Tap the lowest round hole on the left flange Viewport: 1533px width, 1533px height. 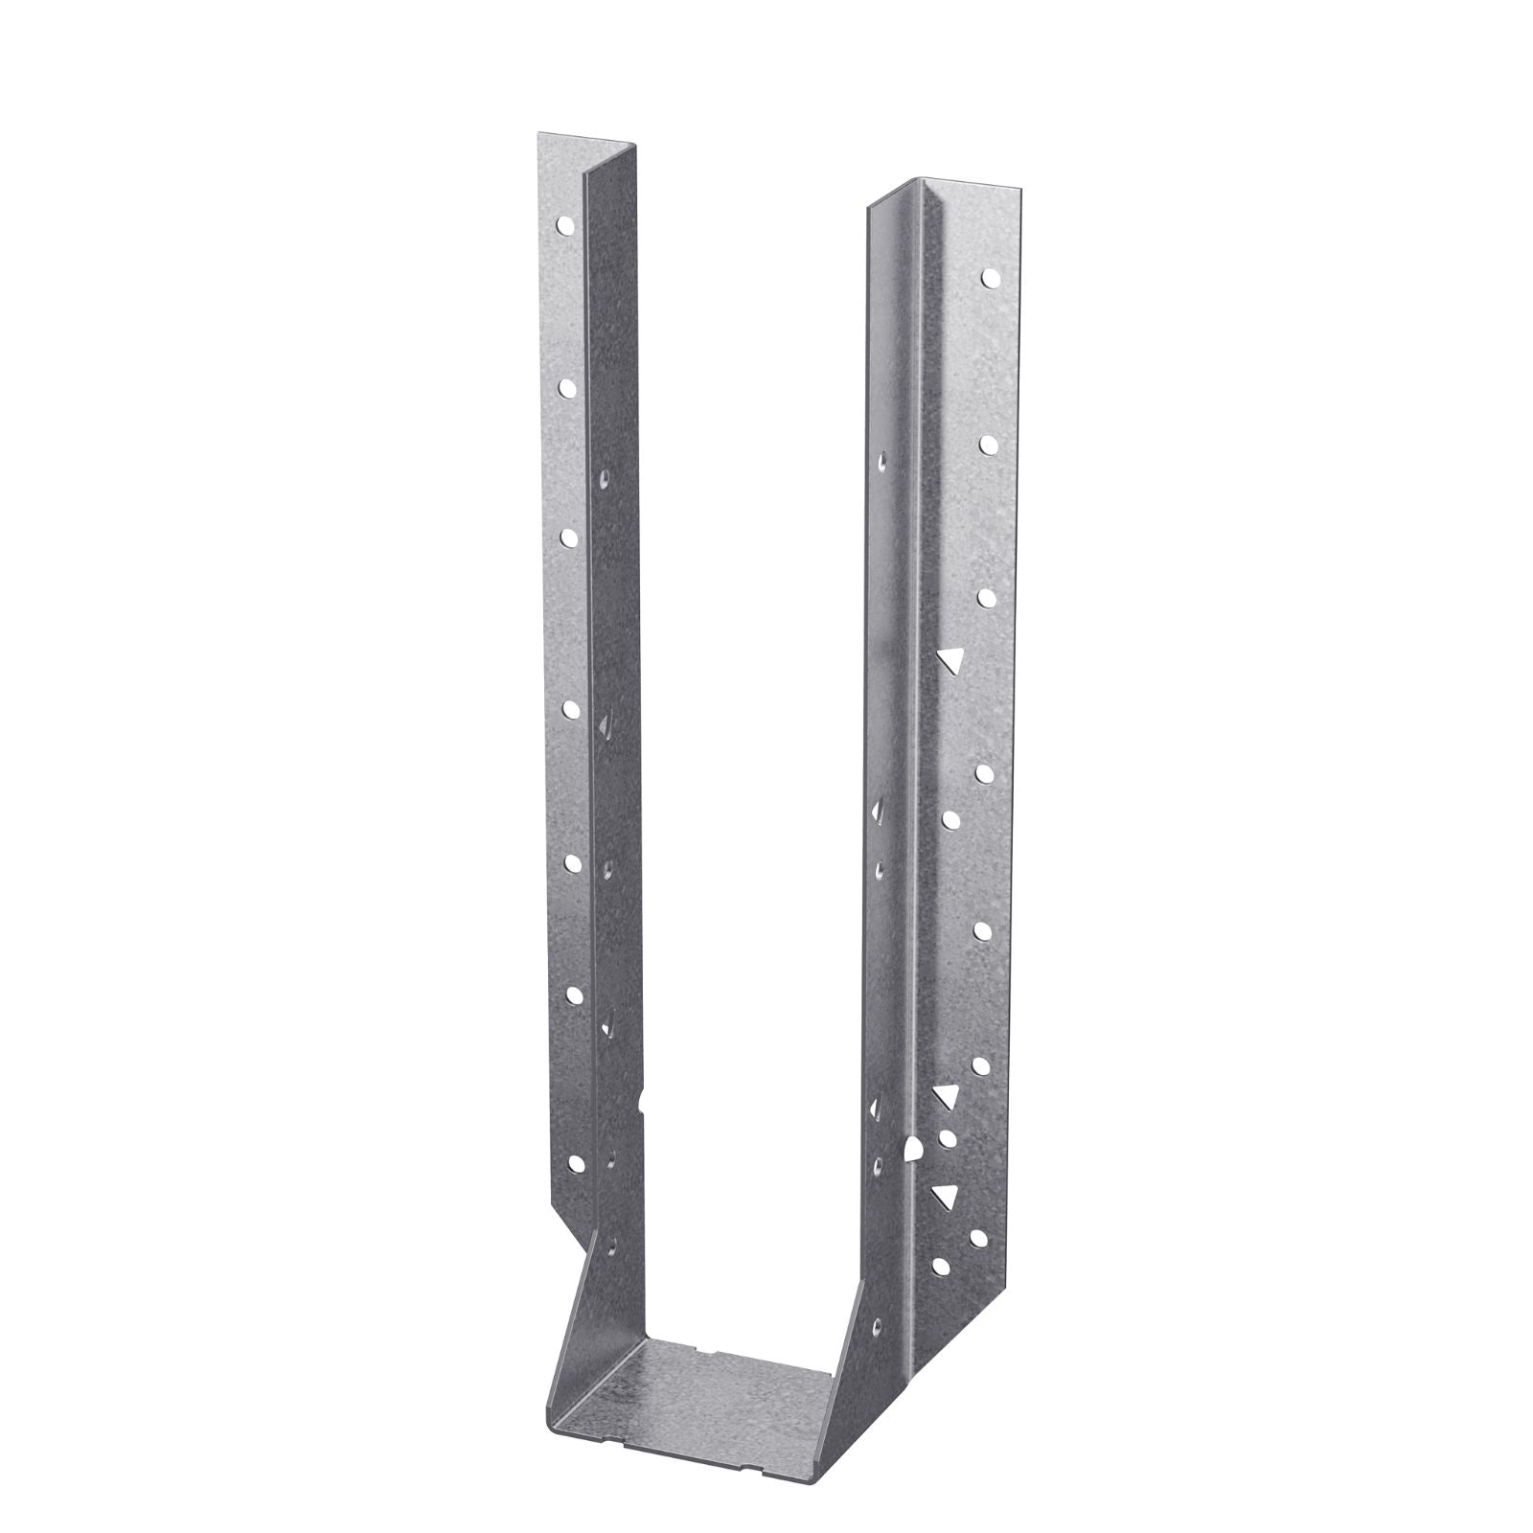click(577, 1164)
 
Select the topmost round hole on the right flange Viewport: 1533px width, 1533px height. click(989, 278)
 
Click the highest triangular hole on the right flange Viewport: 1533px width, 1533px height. click(949, 658)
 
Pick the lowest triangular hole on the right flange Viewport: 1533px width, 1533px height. click(946, 1194)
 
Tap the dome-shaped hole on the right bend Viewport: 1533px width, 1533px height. click(911, 1148)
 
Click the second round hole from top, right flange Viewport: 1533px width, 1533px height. click(989, 443)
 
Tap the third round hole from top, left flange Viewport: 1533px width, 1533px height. click(568, 537)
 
